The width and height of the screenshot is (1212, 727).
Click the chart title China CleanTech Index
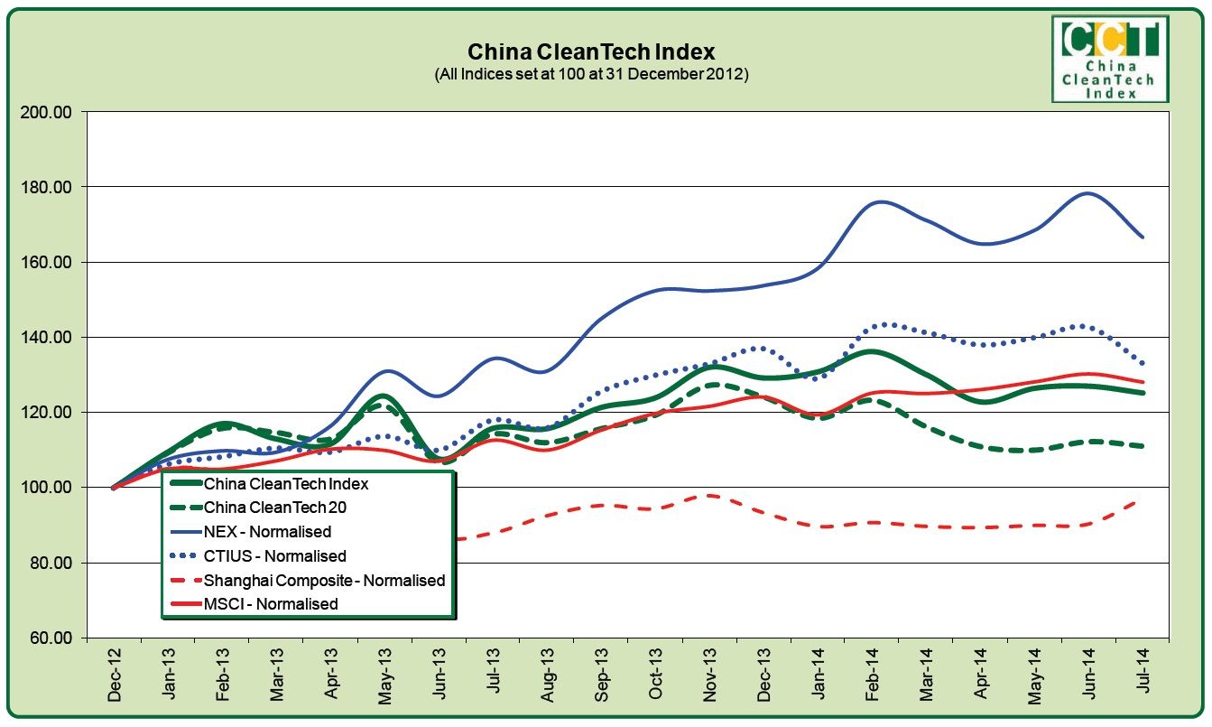(590, 51)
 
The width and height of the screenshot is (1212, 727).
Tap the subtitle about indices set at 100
(591, 74)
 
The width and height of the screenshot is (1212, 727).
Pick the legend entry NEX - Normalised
(267, 532)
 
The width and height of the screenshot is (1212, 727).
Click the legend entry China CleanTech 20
(280, 508)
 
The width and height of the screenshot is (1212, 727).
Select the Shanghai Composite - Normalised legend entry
(324, 581)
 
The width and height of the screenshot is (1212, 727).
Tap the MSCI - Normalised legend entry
(271, 604)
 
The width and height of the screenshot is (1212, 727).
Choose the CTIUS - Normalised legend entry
(274, 556)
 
